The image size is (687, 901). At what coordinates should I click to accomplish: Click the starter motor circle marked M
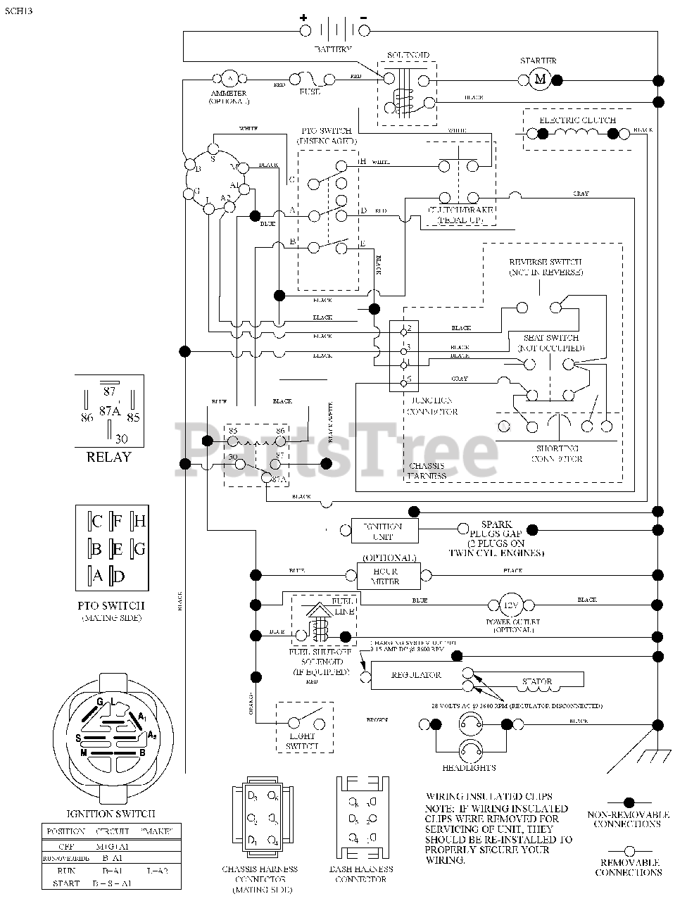(x=540, y=80)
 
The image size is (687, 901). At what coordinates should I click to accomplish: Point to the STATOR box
(x=536, y=681)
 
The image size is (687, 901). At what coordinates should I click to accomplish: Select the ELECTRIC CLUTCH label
(x=577, y=120)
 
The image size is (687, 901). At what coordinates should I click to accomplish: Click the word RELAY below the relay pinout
(x=109, y=457)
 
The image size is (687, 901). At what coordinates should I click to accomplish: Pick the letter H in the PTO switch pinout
(x=139, y=521)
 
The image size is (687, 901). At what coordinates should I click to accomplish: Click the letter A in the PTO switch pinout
(x=97, y=576)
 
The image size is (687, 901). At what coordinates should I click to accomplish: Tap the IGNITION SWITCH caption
(x=111, y=814)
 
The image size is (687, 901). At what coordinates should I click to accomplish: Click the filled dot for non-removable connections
(x=629, y=802)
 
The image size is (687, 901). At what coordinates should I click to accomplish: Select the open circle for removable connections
(x=629, y=850)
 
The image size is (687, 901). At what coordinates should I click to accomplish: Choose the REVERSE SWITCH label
(x=546, y=262)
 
